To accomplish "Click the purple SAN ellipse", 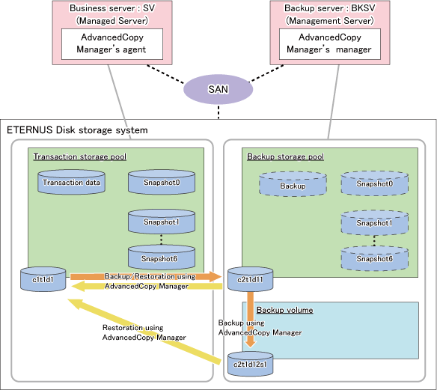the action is point(218,90).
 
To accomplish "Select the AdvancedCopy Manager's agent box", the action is point(112,44).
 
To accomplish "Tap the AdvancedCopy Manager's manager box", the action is point(330,44).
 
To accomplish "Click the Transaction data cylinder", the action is point(71,182).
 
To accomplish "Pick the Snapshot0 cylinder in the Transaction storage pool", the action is point(162,182).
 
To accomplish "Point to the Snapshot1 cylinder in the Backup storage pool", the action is point(375,223).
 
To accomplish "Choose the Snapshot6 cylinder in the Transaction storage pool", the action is point(162,258).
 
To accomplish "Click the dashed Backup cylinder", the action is point(293,184).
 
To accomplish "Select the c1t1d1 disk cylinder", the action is point(43,279).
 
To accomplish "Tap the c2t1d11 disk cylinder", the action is point(250,279).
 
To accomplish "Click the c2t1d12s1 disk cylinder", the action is point(250,364).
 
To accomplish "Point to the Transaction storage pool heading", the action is point(80,156).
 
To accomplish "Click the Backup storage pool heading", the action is point(285,156).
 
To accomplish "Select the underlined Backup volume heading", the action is point(285,310).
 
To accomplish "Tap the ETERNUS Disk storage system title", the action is point(77,130).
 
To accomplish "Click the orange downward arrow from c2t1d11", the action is point(251,319).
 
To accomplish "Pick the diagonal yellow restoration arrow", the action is point(144,331).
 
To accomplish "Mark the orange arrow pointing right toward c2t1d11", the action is point(146,276).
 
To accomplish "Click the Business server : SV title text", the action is point(112,8).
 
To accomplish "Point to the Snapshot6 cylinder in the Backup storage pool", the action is point(375,258).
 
